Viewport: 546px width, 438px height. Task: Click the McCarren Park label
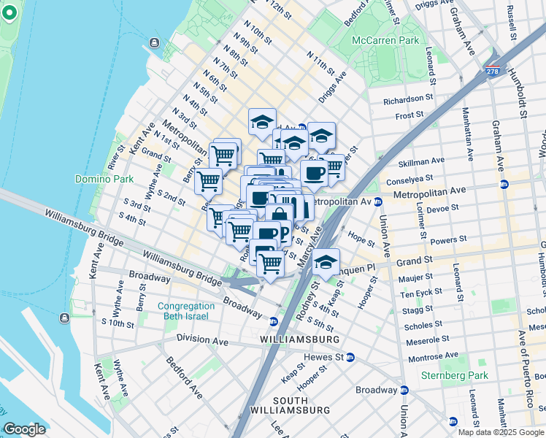pyautogui.click(x=385, y=40)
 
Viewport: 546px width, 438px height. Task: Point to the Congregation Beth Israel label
pyautogui.click(x=187, y=311)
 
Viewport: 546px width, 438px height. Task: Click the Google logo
pyautogui.click(x=24, y=429)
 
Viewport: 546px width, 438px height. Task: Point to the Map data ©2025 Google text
pyautogui.click(x=501, y=432)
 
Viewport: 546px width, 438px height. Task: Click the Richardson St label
pyautogui.click(x=409, y=99)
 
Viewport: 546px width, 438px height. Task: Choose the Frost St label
pyautogui.click(x=409, y=115)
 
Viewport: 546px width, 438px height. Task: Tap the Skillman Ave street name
pyautogui.click(x=423, y=161)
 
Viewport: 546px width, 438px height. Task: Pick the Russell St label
pyautogui.click(x=512, y=23)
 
